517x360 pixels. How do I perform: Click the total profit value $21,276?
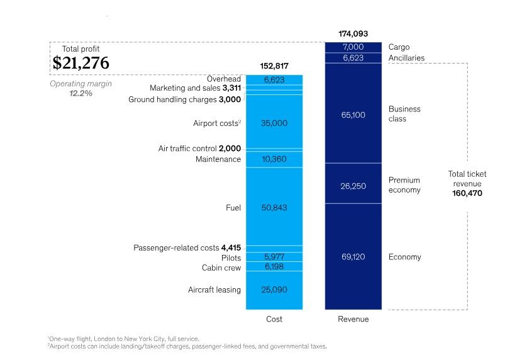81,63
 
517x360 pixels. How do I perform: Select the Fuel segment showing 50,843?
274,207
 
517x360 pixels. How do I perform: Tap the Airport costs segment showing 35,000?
274,123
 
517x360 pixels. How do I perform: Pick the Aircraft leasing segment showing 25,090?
274,290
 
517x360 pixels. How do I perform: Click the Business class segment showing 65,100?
353,115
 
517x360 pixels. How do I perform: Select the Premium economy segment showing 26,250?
353,186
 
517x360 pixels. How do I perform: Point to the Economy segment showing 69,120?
353,257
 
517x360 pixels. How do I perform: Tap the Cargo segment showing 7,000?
353,47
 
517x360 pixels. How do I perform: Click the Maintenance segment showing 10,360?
274,159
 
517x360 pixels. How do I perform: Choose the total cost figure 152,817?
274,66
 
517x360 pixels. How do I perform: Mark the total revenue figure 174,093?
353,33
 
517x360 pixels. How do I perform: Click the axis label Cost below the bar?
274,319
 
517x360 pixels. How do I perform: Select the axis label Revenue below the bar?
353,319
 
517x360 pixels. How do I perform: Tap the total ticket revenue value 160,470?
467,193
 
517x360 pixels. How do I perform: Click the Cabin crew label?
221,267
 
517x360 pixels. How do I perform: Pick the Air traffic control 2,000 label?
199,149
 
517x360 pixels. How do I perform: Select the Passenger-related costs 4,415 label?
187,247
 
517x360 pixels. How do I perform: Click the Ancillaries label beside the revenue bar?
406,58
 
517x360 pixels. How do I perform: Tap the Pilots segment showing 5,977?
274,257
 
